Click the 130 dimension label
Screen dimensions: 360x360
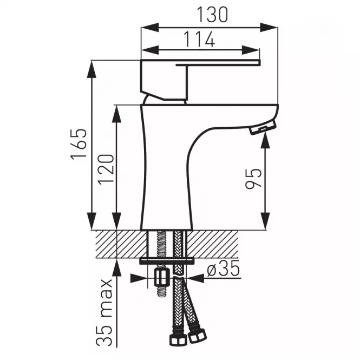(212, 15)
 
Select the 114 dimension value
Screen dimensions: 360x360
(200, 40)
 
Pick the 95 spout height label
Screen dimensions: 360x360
(253, 179)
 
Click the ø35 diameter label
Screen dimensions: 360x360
(223, 269)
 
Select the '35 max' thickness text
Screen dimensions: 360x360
(104, 312)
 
